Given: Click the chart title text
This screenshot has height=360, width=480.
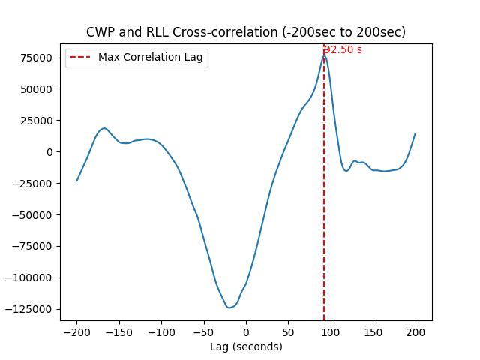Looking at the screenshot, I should point(246,32).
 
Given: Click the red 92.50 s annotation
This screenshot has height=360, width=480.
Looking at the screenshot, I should point(343,50).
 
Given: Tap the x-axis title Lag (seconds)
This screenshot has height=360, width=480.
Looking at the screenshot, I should point(246,346).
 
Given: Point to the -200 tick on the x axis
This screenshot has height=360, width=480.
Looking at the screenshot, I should point(76,331).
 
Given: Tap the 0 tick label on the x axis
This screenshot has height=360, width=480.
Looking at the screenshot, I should point(246,331).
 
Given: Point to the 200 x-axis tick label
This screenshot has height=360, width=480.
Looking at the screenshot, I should point(415,331).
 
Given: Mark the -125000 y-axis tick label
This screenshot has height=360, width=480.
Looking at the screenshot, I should point(31,309).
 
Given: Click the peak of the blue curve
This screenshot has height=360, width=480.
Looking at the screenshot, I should point(324,55).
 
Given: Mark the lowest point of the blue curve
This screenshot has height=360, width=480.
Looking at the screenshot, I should point(229,307).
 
